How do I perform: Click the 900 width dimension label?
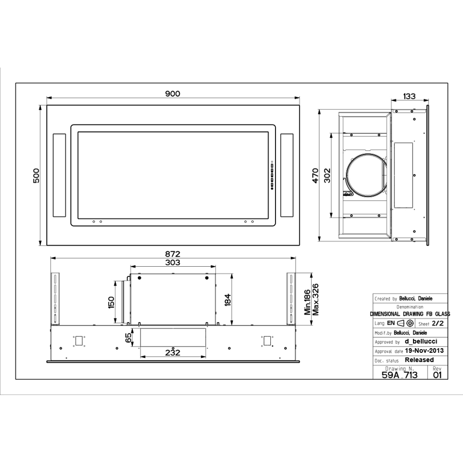(173, 93)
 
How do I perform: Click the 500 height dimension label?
(37, 175)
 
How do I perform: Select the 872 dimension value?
(173, 254)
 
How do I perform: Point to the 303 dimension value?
(173, 263)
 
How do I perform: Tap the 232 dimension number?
(173, 352)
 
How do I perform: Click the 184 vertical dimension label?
(228, 299)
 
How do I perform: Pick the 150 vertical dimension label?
(111, 302)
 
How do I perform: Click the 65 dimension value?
(129, 338)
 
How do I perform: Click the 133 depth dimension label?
(409, 96)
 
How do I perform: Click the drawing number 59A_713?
(400, 375)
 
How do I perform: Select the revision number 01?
(437, 375)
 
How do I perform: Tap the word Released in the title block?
(419, 359)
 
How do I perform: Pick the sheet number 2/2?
(437, 324)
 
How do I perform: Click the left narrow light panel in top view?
(59, 175)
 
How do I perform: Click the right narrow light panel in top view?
(287, 175)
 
